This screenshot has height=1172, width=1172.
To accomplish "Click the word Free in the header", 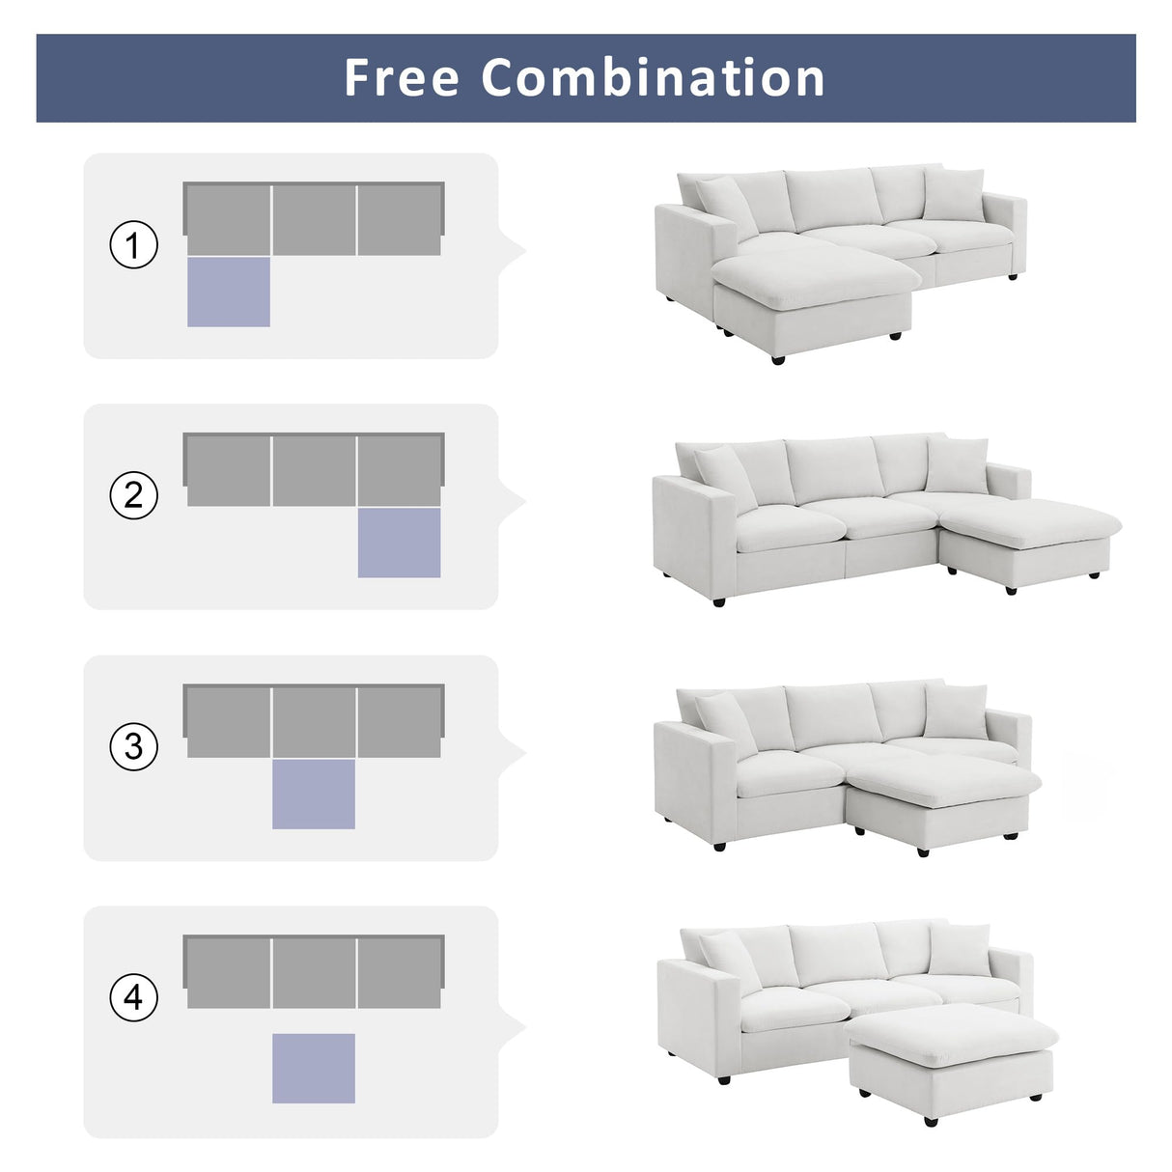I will click(x=401, y=78).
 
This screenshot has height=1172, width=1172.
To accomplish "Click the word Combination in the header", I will click(x=654, y=78).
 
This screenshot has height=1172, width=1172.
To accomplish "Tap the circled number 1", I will click(x=133, y=245).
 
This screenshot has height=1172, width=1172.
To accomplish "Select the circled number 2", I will click(x=133, y=495).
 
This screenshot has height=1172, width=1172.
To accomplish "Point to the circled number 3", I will click(x=133, y=746).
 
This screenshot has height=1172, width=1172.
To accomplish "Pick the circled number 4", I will click(x=133, y=996).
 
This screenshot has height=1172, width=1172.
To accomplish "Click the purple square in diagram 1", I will click(x=229, y=292).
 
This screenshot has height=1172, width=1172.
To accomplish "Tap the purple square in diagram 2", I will click(x=399, y=543).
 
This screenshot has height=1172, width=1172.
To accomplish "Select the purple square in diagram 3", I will click(x=314, y=794).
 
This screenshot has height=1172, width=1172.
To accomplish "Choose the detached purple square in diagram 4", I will click(x=314, y=1068).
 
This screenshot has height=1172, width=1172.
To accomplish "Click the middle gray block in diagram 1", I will click(x=315, y=220).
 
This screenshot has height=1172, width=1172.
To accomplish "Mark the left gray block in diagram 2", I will click(x=229, y=470).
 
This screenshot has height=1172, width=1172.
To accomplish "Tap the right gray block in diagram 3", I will click(x=399, y=722).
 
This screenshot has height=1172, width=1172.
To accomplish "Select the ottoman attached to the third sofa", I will click(x=941, y=792).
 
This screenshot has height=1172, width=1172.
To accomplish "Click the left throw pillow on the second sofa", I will click(x=724, y=477).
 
